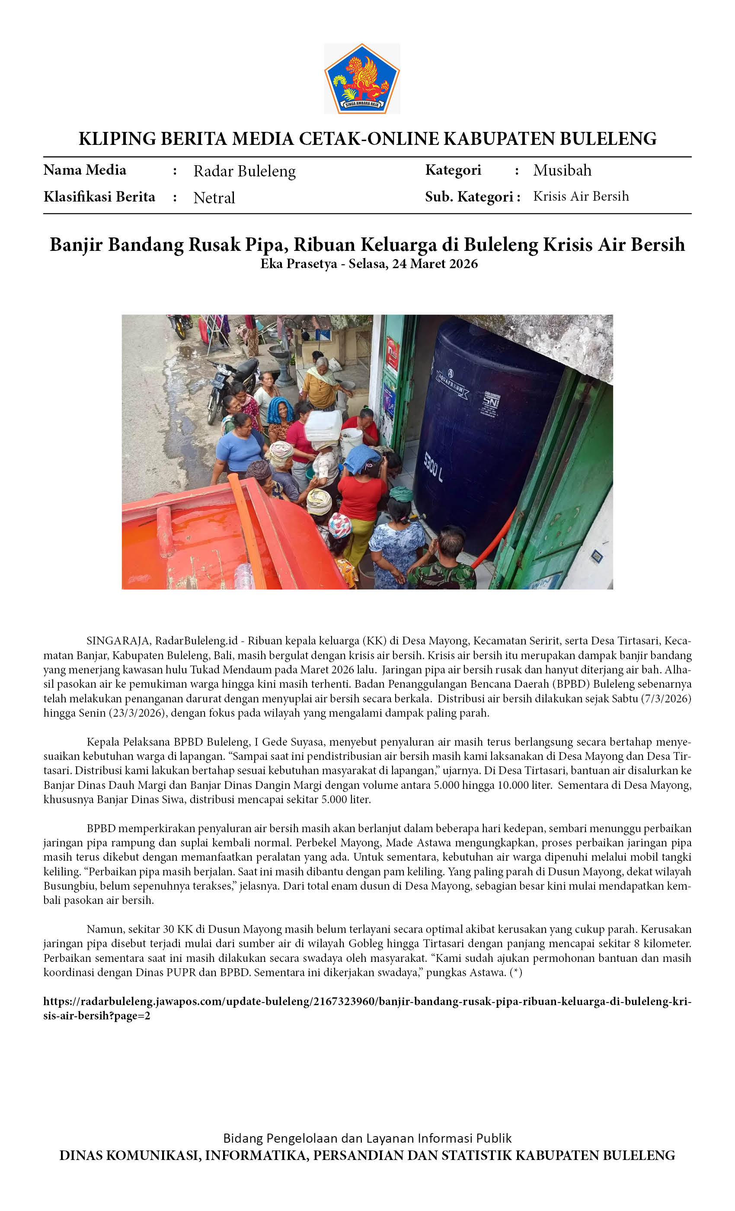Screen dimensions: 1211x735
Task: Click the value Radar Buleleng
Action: (x=244, y=171)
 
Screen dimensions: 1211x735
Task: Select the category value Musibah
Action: (x=562, y=170)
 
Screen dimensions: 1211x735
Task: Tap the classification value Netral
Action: (x=214, y=198)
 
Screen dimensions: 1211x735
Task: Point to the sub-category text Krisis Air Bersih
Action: (x=581, y=196)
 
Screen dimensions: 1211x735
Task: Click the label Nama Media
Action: (x=84, y=170)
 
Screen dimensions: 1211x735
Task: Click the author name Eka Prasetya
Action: (x=298, y=264)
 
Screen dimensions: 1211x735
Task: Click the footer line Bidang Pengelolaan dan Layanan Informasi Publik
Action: (x=367, y=1138)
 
